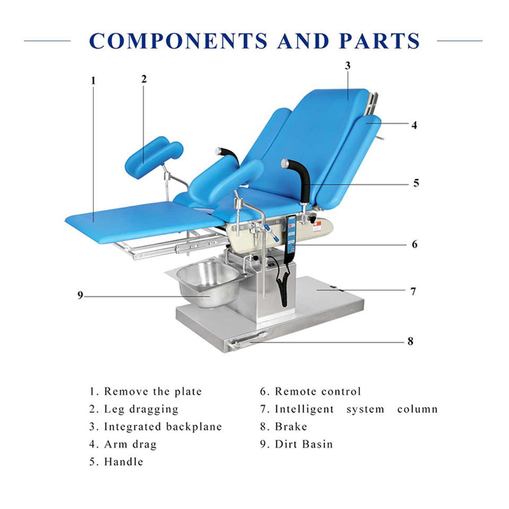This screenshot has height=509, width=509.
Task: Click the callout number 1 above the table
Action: (x=93, y=81)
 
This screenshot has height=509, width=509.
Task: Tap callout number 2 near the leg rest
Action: (x=144, y=79)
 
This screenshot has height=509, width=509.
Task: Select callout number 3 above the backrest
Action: (x=348, y=66)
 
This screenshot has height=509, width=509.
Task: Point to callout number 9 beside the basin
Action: (x=81, y=295)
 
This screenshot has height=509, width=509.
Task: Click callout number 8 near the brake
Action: (x=410, y=341)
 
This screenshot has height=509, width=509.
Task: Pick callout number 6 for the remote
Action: (x=415, y=244)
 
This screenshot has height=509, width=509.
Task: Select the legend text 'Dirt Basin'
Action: (x=303, y=444)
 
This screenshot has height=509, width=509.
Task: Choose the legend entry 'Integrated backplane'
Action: (x=162, y=427)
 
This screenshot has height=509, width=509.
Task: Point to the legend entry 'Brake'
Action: (x=291, y=427)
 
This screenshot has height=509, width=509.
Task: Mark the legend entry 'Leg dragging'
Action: (x=141, y=409)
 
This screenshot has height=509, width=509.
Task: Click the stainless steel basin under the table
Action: (x=207, y=284)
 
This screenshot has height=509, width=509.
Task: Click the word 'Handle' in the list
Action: (x=123, y=462)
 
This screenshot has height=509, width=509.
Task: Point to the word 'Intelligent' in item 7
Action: (x=304, y=409)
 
